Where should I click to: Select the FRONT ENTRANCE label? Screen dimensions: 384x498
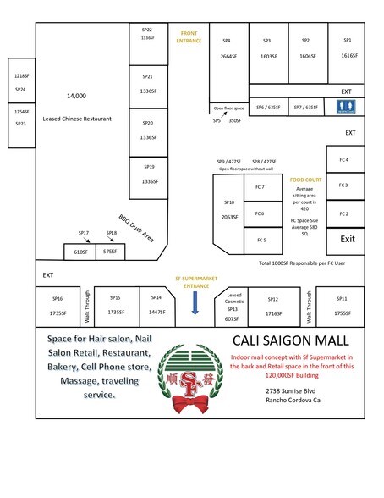pyautogui.click(x=188, y=37)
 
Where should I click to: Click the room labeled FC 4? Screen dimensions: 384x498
pyautogui.click(x=343, y=159)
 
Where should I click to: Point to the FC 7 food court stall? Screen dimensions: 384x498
pyautogui.click(x=260, y=186)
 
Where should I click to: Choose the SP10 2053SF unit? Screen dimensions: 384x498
pyautogui.click(x=228, y=209)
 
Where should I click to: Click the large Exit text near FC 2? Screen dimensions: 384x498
pyautogui.click(x=347, y=239)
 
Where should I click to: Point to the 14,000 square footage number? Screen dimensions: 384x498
pyautogui.click(x=76, y=96)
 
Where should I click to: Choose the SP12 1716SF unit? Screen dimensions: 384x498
pyautogui.click(x=272, y=306)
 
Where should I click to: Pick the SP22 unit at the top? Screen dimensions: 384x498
pyautogui.click(x=147, y=34)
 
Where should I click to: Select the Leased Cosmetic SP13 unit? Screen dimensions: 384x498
pyautogui.click(x=233, y=307)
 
